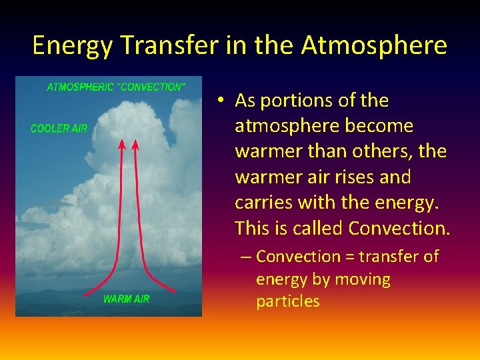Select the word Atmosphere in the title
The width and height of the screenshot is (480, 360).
point(374,45)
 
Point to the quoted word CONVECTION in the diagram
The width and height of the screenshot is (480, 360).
point(153,87)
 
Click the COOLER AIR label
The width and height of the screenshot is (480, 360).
point(59,128)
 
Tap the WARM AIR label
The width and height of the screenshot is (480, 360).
point(126,299)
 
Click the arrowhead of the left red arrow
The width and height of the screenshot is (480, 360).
point(121,143)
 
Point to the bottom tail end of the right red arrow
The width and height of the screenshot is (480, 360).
point(176,291)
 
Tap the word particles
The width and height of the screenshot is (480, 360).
point(287,301)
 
